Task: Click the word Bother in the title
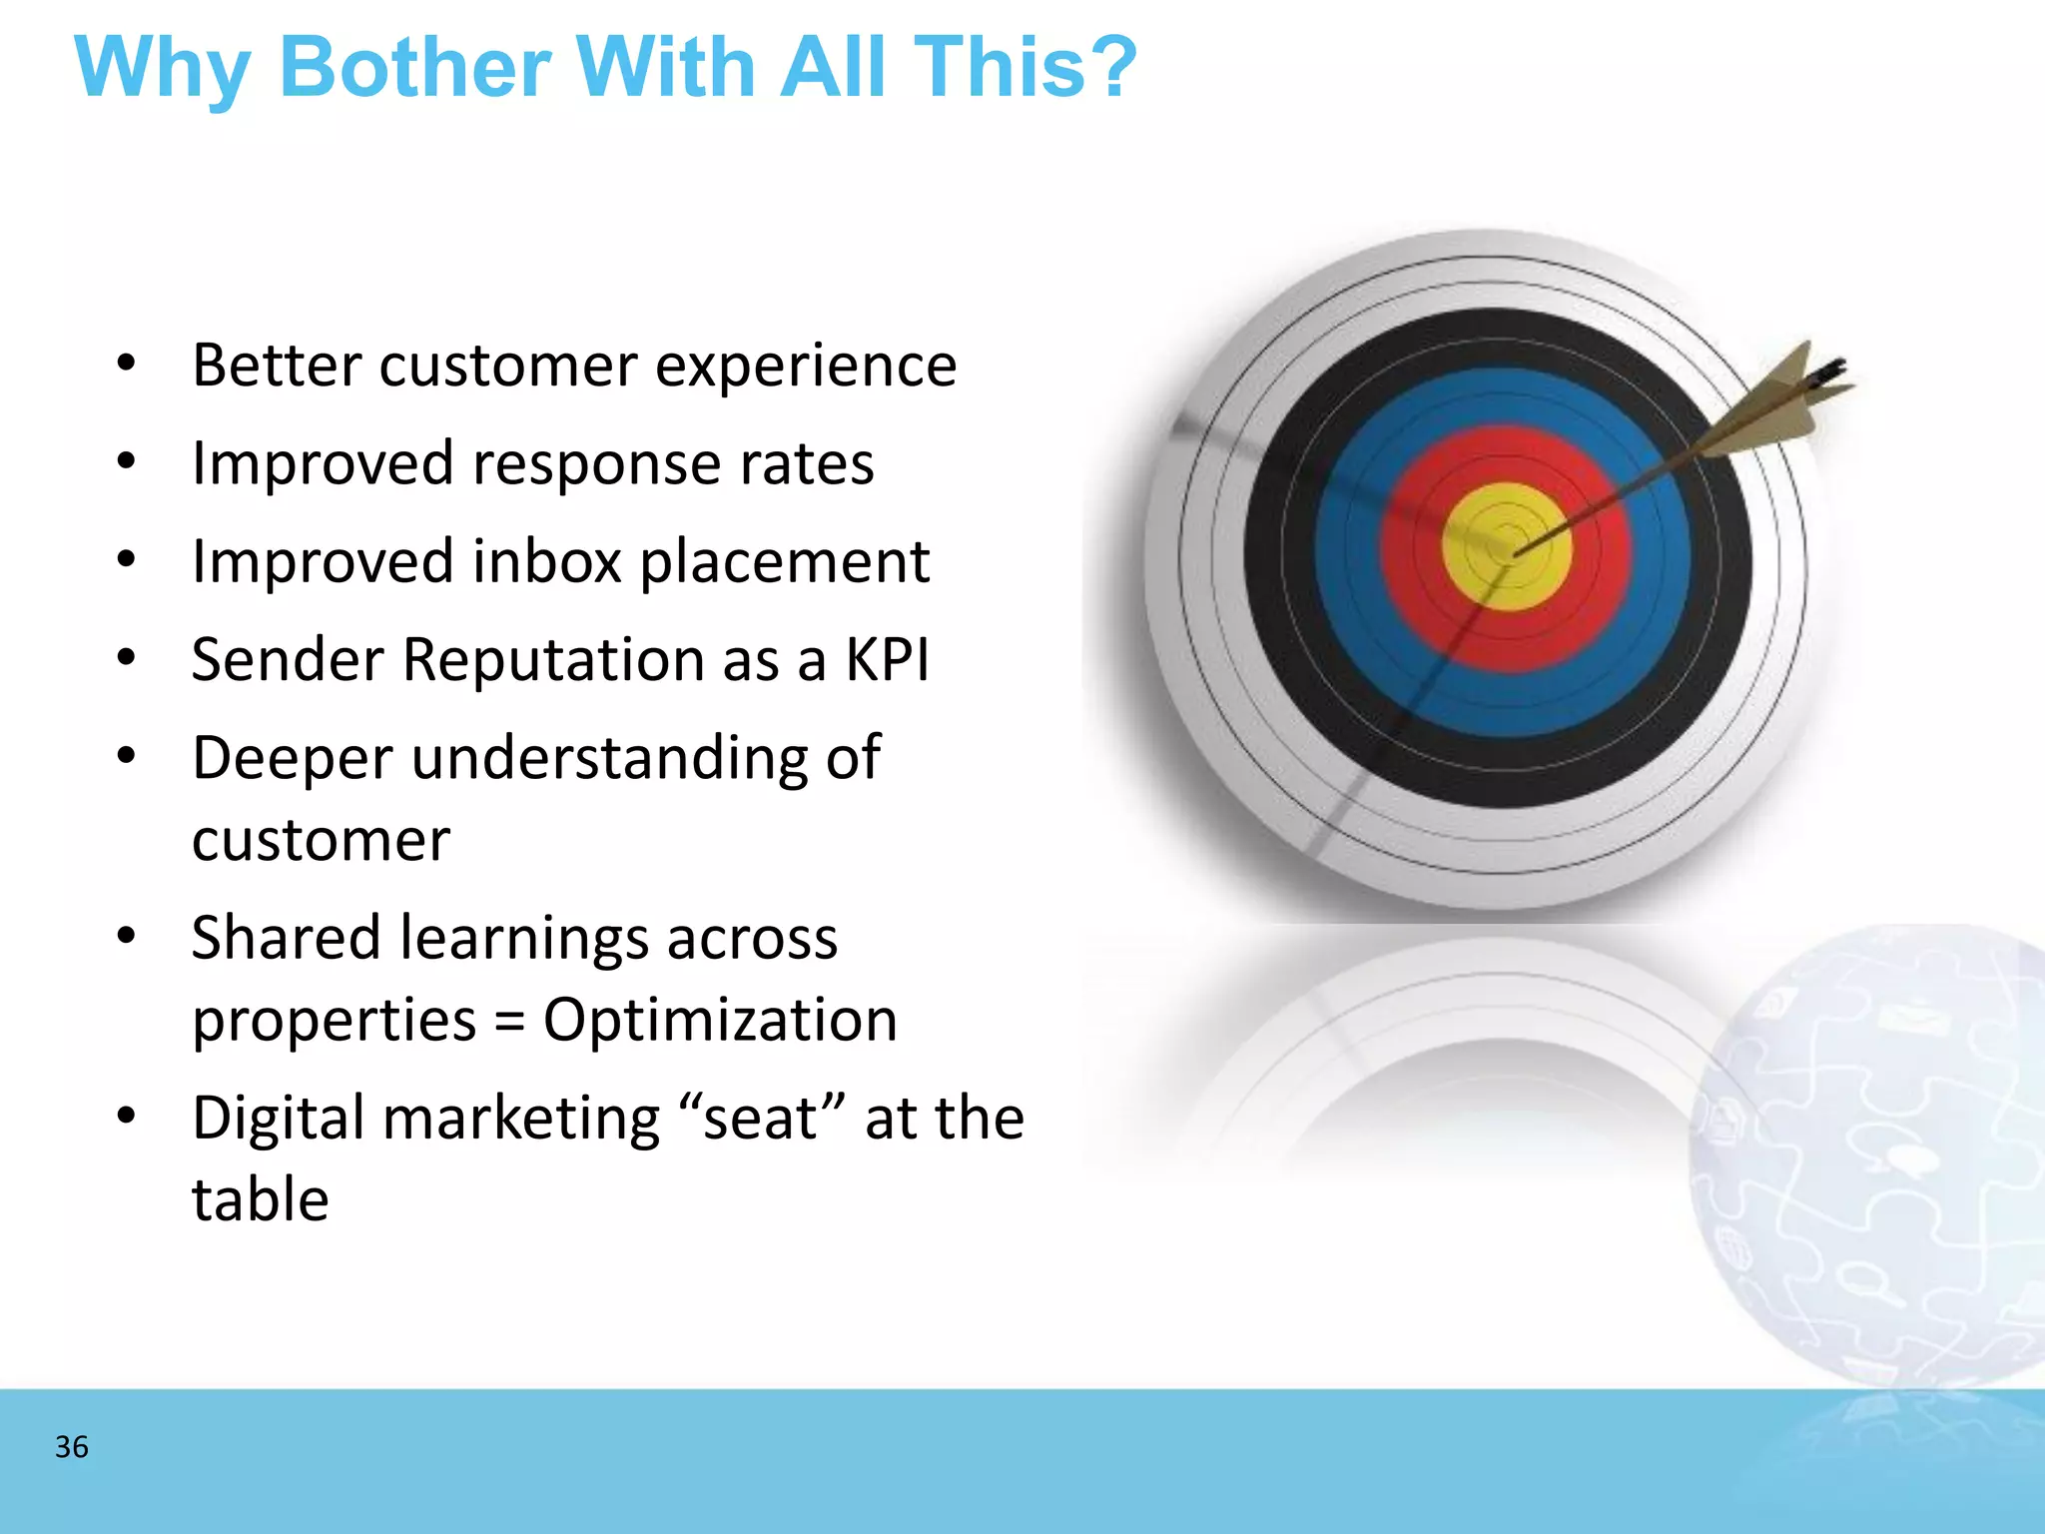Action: (x=415, y=68)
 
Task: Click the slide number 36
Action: (x=72, y=1447)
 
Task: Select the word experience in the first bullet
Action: (x=806, y=367)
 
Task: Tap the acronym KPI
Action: (x=887, y=660)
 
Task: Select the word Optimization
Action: (x=720, y=1021)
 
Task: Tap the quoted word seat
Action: (x=762, y=1118)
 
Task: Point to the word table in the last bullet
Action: (x=261, y=1199)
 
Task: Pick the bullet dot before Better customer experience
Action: (x=126, y=365)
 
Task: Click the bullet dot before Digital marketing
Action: (x=126, y=1117)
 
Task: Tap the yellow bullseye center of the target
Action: (x=1506, y=547)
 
